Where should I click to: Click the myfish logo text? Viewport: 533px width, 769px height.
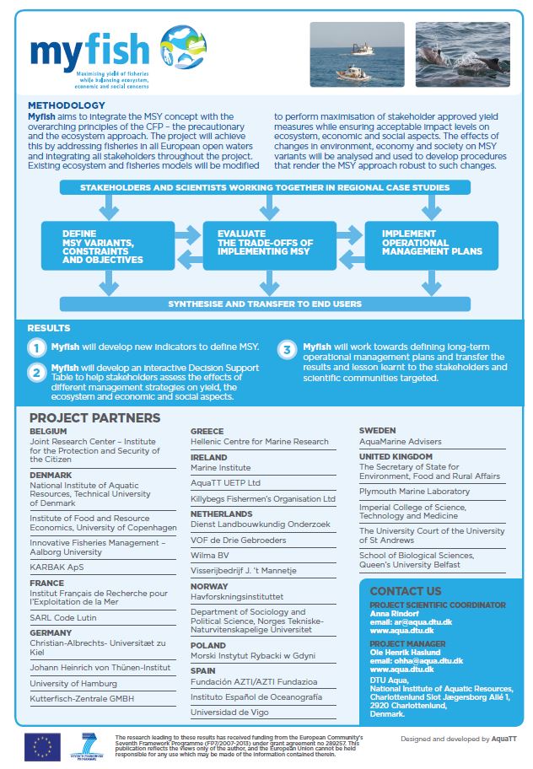(x=89, y=51)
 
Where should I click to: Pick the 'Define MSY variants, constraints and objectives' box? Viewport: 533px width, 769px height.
(x=108, y=246)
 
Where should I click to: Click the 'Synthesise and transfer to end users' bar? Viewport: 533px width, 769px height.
(x=265, y=304)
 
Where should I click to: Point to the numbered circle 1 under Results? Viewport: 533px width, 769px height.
(x=36, y=347)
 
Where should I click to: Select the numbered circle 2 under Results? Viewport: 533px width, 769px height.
(x=36, y=373)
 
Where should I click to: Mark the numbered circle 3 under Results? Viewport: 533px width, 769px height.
(x=288, y=349)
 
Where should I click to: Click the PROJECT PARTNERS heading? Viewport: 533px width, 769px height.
(x=94, y=417)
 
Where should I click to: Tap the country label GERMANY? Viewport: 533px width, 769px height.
(x=51, y=632)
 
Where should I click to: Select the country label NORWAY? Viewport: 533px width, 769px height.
(x=209, y=586)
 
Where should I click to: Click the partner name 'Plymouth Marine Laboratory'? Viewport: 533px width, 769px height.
(x=414, y=491)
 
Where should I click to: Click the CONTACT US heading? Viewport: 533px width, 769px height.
(x=405, y=591)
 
